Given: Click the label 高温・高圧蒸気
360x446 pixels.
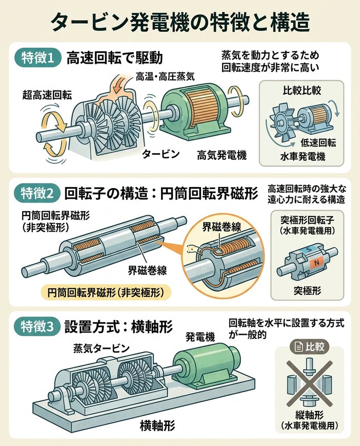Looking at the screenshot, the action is [165, 76].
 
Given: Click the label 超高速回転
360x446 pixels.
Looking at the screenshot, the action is [47, 95].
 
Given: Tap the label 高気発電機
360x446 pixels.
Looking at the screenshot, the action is [222, 155].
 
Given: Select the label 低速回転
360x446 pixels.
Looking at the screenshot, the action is [318, 143].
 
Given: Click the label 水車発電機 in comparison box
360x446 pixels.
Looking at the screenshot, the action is [302, 156].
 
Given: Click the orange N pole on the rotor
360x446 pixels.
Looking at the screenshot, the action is [316, 263].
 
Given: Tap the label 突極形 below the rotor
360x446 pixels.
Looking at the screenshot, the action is [308, 291].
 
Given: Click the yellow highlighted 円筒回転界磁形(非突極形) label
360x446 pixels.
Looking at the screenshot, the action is [106, 293].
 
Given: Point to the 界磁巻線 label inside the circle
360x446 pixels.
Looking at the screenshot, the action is [222, 227].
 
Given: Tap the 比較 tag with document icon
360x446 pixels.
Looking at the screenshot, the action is [309, 347].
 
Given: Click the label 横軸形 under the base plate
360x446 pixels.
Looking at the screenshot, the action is [157, 426].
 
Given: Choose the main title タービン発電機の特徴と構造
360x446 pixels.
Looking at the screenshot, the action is [180, 23].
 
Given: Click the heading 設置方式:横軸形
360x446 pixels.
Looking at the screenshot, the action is [118, 327].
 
